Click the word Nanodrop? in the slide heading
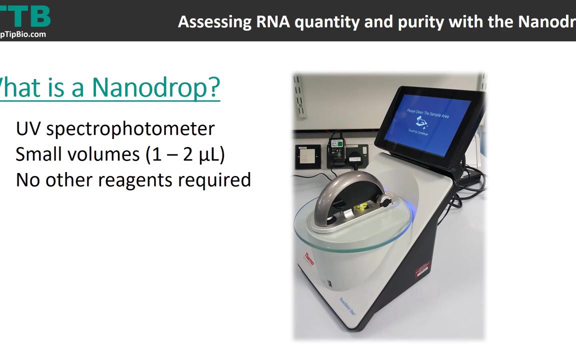[156, 88]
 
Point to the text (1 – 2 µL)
[185, 154]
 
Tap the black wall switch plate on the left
[307, 156]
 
